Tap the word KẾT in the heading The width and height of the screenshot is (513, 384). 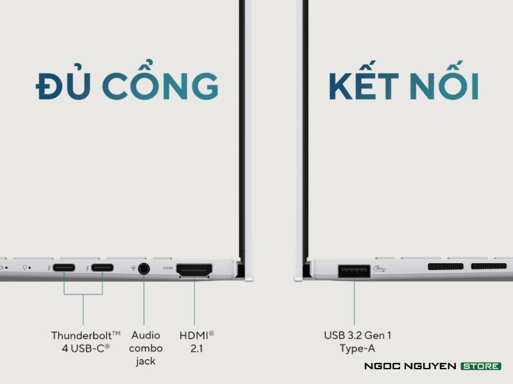pos(364,86)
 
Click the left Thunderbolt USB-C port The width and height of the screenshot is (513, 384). pos(64,268)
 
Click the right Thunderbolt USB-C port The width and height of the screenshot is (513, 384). pos(103,268)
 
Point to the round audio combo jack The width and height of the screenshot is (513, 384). pos(144,268)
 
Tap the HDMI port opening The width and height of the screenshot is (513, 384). pos(194,269)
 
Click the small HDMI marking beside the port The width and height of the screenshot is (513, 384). pos(168,268)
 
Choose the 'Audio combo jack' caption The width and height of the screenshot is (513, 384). pos(146,348)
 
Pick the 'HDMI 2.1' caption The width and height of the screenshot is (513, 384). pos(196,340)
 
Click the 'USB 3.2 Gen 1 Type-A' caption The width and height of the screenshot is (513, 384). pos(357,341)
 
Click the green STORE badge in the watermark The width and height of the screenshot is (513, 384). pos(480,366)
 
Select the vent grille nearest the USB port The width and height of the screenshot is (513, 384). pos(446,266)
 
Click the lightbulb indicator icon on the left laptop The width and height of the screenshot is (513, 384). pos(24,267)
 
